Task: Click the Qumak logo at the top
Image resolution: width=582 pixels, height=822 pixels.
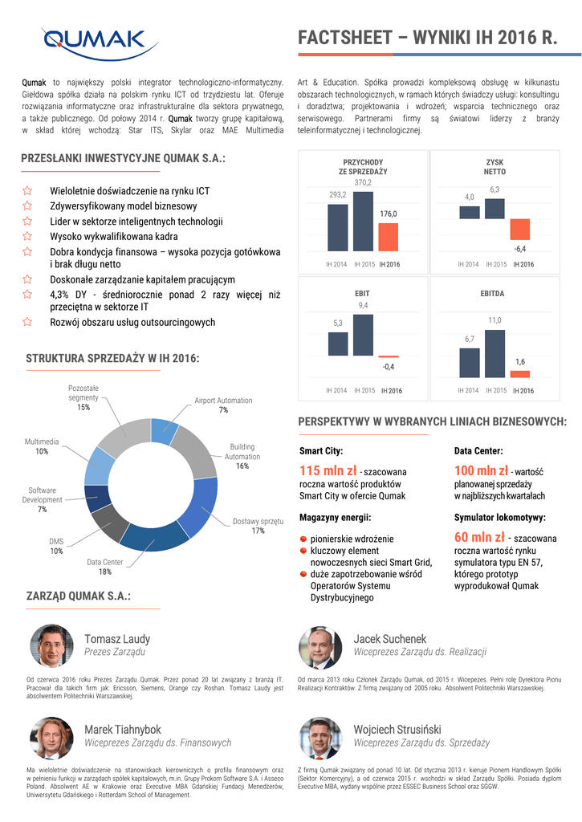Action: pos(94,40)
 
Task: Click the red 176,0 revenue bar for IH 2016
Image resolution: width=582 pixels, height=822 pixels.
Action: pos(389,236)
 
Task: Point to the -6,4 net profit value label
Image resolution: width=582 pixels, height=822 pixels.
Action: pos(519,248)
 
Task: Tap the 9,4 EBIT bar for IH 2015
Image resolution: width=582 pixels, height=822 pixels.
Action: pos(363,335)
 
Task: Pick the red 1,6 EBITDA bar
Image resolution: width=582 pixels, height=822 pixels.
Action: pos(520,373)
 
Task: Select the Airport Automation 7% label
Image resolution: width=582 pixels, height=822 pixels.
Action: pos(223,405)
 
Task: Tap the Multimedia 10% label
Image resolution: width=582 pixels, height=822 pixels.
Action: pos(42,446)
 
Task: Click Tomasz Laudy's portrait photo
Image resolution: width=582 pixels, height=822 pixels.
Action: pos(51,646)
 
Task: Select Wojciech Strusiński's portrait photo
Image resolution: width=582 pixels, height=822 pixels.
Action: pos(320,738)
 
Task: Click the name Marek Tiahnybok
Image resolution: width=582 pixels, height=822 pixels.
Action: pos(122,729)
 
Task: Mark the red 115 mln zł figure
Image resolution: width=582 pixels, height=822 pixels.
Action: pos(328,470)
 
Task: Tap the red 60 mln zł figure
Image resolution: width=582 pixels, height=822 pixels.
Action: pos(479,537)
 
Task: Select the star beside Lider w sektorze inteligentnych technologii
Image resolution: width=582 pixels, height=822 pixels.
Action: pos(27,222)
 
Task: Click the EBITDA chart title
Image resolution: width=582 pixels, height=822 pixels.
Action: pos(492,294)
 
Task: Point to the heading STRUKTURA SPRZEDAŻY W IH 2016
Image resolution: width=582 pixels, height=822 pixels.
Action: pos(112,358)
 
